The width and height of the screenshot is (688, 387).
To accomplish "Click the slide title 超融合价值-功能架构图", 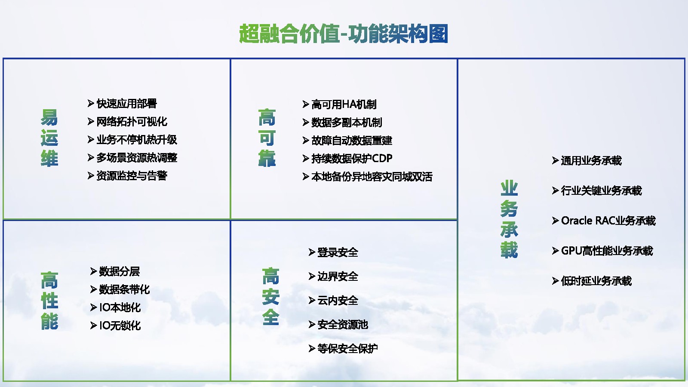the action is (x=344, y=34).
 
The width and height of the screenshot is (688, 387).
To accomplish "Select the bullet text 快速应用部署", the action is (x=126, y=104).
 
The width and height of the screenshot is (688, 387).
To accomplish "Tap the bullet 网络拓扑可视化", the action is (x=132, y=122).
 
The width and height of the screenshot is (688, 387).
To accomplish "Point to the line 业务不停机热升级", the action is (x=137, y=140).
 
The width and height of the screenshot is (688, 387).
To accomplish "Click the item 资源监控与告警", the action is (x=132, y=176).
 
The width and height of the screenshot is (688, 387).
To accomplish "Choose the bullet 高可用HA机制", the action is (x=344, y=104).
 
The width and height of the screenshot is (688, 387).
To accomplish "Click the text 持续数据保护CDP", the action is (x=352, y=159).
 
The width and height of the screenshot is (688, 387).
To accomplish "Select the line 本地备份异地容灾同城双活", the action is (x=372, y=177).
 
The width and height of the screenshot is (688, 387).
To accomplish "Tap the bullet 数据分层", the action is (x=119, y=271).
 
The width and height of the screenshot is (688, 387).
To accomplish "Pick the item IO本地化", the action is (x=120, y=307).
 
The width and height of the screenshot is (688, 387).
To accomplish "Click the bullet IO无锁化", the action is (x=120, y=326).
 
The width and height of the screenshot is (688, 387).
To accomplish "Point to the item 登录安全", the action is (x=338, y=252).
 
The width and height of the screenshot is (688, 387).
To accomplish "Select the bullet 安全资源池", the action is (x=342, y=325).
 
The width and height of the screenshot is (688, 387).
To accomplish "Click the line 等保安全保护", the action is (x=347, y=349).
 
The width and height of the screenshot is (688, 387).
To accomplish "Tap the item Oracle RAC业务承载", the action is (x=608, y=221).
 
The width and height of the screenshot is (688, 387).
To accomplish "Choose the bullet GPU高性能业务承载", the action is (x=607, y=251).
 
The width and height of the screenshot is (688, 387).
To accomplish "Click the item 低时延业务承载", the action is (x=596, y=281).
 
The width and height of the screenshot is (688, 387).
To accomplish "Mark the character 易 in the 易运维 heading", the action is (x=49, y=117).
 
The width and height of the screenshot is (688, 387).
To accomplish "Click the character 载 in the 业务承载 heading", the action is (x=509, y=250).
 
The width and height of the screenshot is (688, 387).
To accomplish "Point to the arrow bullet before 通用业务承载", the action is (x=555, y=161).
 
